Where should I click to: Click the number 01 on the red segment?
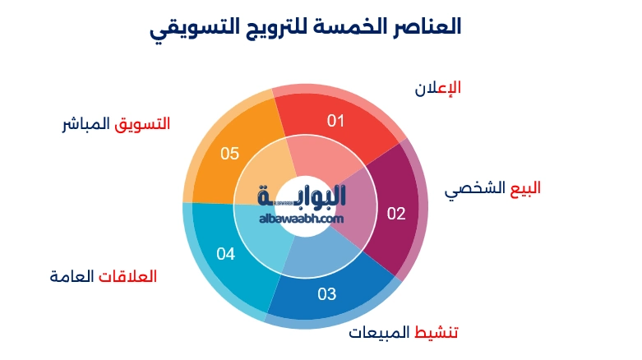[335, 122]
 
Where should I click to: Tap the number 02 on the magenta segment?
[396, 214]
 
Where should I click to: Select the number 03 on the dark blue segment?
[327, 293]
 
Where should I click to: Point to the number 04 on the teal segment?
[226, 254]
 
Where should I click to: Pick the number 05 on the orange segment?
[230, 154]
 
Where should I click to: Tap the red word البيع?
[524, 187]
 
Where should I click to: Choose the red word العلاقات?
[127, 276]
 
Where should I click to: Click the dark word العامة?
[72, 276]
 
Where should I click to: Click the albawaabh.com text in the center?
[300, 219]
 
